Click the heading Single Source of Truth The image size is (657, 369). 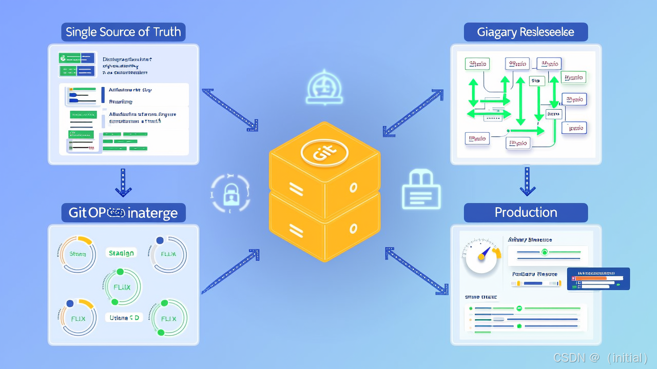coord(123,32)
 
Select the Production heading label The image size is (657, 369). coord(526,213)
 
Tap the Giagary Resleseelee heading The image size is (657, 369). coord(526,32)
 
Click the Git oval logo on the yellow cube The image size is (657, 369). coord(324,152)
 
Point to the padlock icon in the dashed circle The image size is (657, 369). coord(230,193)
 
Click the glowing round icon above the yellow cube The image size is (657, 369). coord(323,88)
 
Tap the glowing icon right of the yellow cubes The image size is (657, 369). coord(421,190)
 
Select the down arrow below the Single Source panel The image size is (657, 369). coord(123,183)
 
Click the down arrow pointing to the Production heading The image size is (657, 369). coord(527,181)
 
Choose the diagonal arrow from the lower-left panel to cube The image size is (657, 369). coord(230,272)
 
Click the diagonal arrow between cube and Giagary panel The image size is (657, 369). coord(413,113)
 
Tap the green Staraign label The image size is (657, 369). coord(122,253)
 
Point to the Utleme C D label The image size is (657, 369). coord(124,318)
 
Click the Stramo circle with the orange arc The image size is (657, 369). coord(78,254)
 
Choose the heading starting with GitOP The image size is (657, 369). coord(123,213)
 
